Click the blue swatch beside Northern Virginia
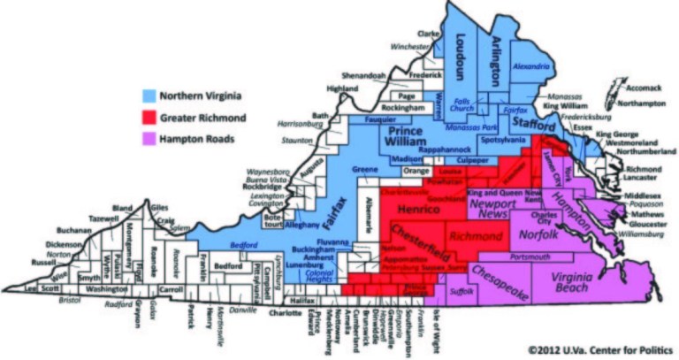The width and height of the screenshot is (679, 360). (x=148, y=96)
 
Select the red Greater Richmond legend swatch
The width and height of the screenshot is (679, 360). (x=148, y=116)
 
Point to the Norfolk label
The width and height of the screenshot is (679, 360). (x=535, y=236)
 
